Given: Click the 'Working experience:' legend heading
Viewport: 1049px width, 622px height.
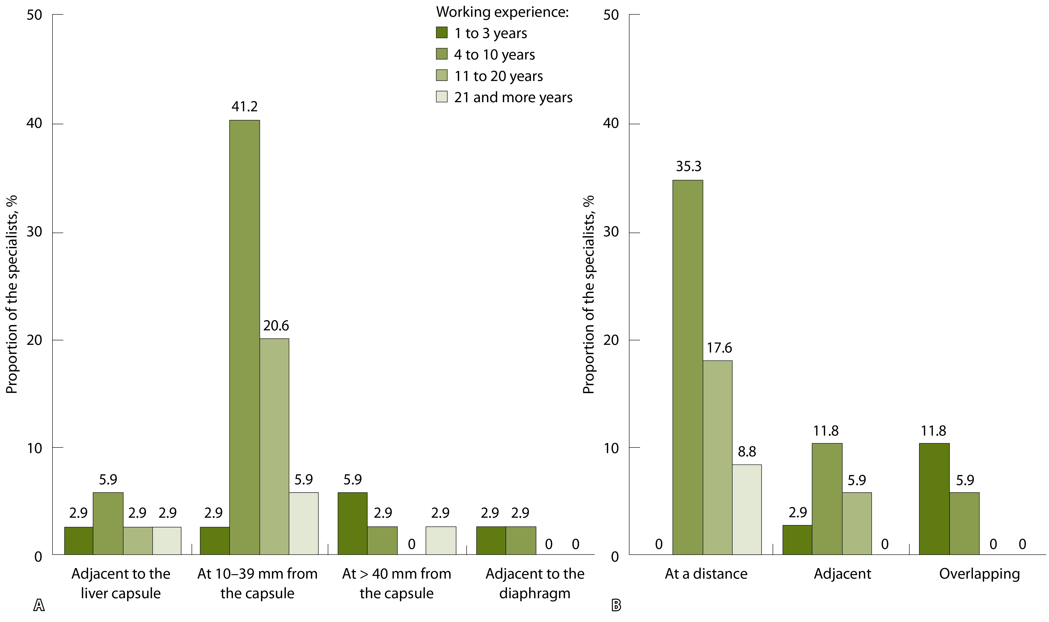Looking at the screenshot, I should tap(502, 12).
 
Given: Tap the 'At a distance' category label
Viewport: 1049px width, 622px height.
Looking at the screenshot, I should tap(706, 573).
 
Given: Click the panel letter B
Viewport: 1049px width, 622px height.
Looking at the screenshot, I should tap(616, 605).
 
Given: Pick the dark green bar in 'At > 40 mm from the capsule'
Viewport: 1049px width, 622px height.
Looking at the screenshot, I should tap(352, 524).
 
